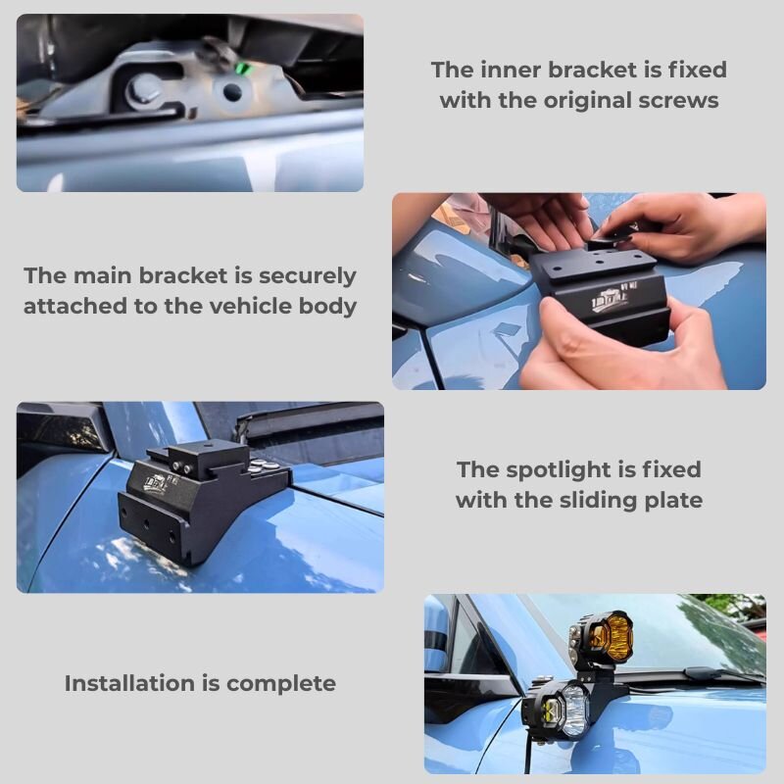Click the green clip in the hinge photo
[x=243, y=67]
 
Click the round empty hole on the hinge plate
[x=231, y=92]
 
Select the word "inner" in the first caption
[x=511, y=70]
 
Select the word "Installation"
[x=129, y=683]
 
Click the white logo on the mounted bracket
[x=157, y=482]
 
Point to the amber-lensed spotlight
[x=604, y=638]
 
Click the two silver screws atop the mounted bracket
[x=182, y=468]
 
